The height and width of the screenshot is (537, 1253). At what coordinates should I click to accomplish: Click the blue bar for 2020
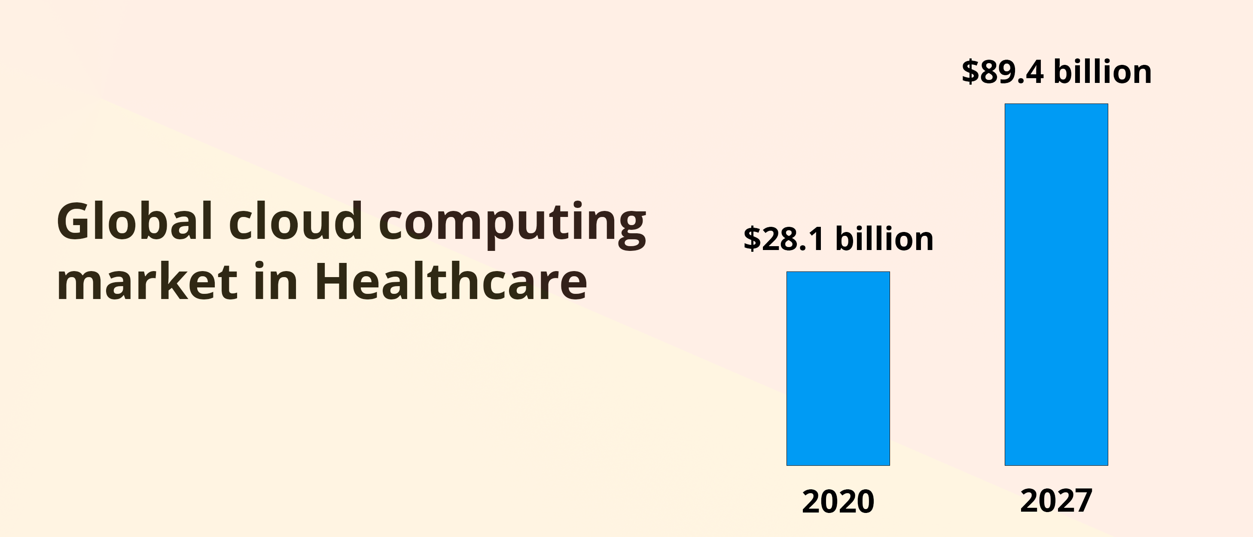tap(838, 368)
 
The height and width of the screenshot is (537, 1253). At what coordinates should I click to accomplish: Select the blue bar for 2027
tap(1056, 284)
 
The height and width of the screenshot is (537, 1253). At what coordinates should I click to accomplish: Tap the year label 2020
tap(838, 501)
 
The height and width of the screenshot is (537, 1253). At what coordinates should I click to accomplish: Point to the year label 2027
tap(1056, 500)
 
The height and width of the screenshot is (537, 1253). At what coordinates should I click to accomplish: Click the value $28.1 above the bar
tap(784, 239)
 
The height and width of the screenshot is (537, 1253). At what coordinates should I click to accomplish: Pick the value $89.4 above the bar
tap(1003, 72)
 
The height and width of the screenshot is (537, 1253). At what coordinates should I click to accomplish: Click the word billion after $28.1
tap(884, 239)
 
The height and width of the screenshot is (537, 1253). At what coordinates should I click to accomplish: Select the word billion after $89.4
tap(1103, 72)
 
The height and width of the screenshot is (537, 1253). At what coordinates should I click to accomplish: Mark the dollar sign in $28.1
tap(752, 239)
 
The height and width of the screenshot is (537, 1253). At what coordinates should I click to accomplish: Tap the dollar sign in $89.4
tap(970, 72)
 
